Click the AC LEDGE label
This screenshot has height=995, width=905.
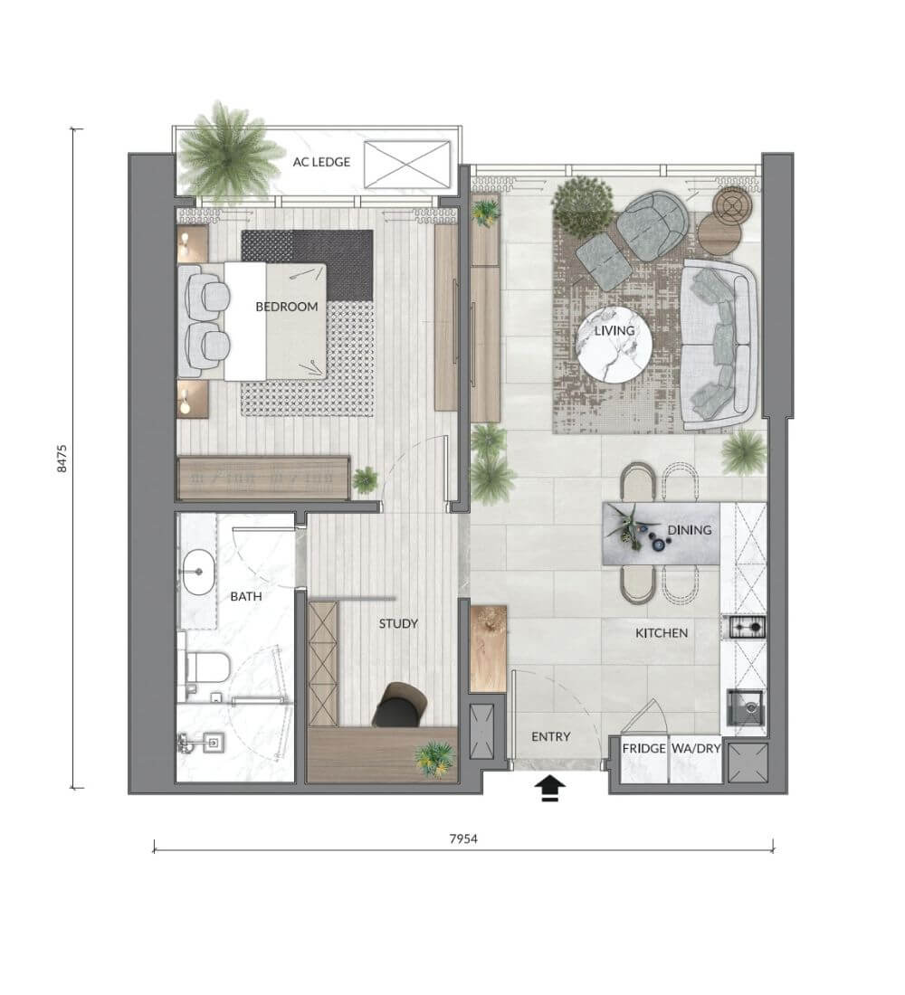[x=321, y=162]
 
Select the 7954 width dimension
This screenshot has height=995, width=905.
[x=463, y=839]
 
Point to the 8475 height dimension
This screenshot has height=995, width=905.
[x=62, y=459]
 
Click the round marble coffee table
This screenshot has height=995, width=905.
[x=614, y=346]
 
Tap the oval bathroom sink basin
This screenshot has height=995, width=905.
[x=199, y=572]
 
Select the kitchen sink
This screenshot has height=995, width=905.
[x=747, y=707]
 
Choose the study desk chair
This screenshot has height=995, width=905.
[x=399, y=705]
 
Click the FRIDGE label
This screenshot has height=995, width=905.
[x=643, y=749]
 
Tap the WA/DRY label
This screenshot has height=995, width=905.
[x=696, y=749]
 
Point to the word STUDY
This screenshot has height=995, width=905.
[x=398, y=624]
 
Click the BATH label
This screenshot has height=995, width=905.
[x=246, y=596]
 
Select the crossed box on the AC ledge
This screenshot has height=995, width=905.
[x=407, y=165]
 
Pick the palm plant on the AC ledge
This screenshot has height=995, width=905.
[x=227, y=152]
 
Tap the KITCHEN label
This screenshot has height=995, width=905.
[x=662, y=632]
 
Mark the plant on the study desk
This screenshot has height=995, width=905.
[x=434, y=757]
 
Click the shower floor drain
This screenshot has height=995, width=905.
[x=214, y=741]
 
